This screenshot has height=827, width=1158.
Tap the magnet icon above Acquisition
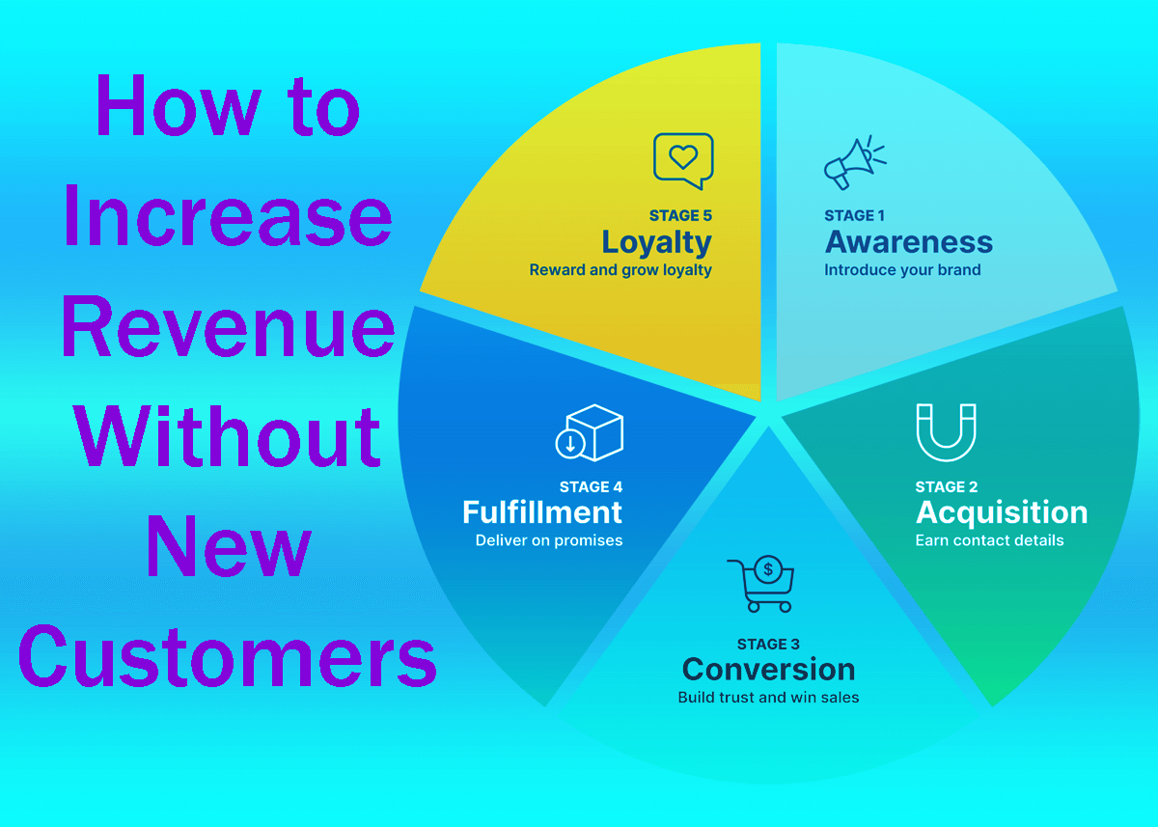point(946,432)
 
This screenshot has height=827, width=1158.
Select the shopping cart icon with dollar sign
point(761,584)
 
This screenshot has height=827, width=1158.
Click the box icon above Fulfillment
point(590,432)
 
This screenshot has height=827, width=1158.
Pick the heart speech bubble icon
point(683,160)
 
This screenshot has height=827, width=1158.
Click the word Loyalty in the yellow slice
point(656,242)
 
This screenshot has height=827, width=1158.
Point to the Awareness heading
point(908,242)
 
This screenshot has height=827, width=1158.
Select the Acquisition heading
point(1001,512)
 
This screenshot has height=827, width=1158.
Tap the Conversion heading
point(768,669)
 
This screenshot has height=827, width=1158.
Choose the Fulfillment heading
point(542,512)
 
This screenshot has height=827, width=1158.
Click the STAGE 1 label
point(854,216)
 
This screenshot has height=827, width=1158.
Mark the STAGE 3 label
point(768,644)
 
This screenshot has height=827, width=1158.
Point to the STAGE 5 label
point(680,216)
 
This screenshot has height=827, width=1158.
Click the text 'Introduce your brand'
point(901,270)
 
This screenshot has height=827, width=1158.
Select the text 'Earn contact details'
point(989,540)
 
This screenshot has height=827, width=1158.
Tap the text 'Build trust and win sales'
point(768,697)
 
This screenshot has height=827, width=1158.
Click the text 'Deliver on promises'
point(548,540)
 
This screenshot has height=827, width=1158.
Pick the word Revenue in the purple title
point(228,325)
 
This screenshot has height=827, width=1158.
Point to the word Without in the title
point(228,436)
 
